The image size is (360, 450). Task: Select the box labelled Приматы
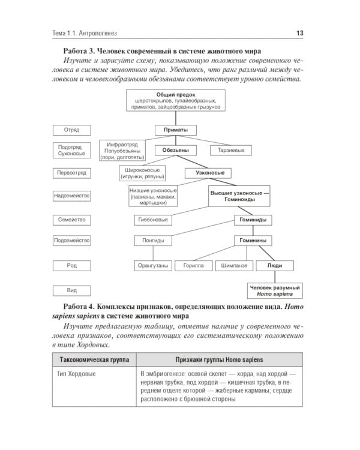point(172,130)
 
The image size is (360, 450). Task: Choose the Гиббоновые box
point(153,220)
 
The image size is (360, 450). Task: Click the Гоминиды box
point(252,220)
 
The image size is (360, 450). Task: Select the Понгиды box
point(153,241)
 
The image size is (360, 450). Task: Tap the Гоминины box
point(252,241)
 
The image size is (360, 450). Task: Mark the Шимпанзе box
point(233,265)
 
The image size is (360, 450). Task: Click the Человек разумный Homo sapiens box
point(275,291)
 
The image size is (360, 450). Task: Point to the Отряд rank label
point(71,130)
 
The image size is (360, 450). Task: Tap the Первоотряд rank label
point(71,173)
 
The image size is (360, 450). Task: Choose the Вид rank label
point(71,290)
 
